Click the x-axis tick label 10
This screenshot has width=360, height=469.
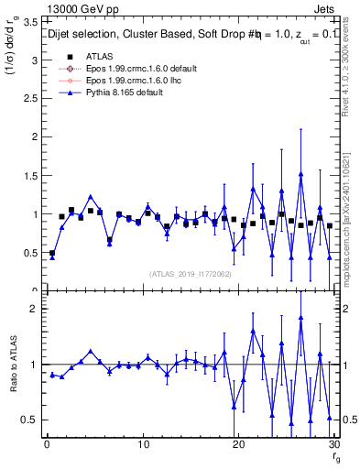click(x=142, y=445)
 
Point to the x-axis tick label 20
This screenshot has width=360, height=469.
click(x=238, y=445)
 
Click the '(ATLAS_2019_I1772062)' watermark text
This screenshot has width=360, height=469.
click(x=190, y=274)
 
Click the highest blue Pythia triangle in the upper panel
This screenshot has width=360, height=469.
click(x=300, y=174)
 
